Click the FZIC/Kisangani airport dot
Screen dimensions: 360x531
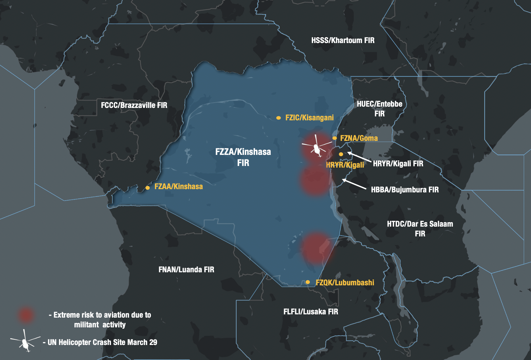point(278,118)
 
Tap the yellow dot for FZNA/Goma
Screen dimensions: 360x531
point(334,138)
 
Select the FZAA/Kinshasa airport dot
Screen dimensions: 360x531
point(147,187)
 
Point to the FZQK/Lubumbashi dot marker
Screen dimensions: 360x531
point(308,282)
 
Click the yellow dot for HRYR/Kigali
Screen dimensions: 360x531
point(341,154)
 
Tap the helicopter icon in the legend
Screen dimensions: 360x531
point(25,341)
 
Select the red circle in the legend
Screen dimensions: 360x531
point(26,315)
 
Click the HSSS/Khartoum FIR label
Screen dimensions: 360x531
point(343,40)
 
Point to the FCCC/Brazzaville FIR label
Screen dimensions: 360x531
point(134,105)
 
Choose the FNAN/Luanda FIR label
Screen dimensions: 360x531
point(186,270)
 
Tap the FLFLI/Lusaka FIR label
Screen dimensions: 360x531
point(311,312)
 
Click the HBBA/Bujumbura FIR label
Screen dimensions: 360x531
point(405,190)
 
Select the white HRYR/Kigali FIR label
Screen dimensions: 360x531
point(398,164)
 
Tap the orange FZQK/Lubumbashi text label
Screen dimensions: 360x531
point(345,282)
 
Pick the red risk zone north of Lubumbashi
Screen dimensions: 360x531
point(316,248)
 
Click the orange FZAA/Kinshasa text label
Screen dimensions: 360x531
point(178,187)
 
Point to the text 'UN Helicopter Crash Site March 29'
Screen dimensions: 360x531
point(102,342)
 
